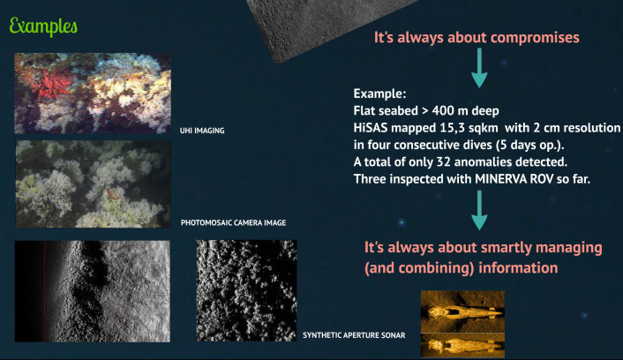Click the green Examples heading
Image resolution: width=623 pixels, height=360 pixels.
[x=43, y=27]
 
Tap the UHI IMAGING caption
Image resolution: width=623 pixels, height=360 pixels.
[x=202, y=131]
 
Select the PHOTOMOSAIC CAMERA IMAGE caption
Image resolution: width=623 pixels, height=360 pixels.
[x=233, y=222]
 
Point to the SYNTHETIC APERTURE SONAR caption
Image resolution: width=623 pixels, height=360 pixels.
[x=354, y=335]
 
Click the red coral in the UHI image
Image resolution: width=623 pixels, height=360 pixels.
[x=52, y=85]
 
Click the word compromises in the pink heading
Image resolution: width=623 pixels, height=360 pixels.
[x=535, y=37]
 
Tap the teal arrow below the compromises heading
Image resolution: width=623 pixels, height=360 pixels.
[x=479, y=68]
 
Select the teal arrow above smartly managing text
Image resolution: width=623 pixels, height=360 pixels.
[x=479, y=210]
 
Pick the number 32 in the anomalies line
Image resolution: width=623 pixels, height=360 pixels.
[x=443, y=161]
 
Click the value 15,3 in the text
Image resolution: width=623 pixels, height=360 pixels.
[x=452, y=128]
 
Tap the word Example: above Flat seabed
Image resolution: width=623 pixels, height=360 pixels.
[x=379, y=94]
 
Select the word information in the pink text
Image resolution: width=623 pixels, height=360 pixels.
[x=518, y=267]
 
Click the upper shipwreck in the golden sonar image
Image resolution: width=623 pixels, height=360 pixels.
[x=463, y=313]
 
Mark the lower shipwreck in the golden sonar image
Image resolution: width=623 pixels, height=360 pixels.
[x=462, y=345]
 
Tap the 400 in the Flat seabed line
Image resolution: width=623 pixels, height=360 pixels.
[x=443, y=110]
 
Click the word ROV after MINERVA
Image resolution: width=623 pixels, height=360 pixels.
[x=544, y=179]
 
